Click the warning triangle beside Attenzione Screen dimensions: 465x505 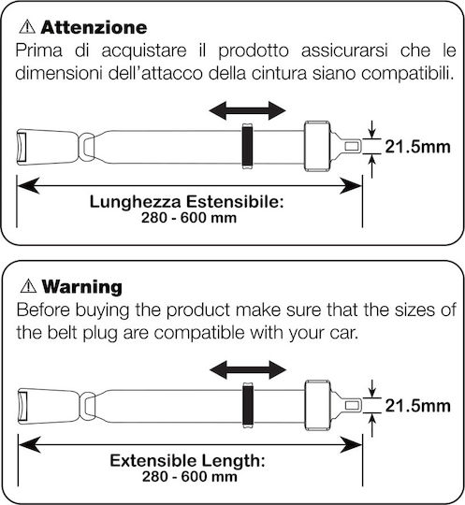27,27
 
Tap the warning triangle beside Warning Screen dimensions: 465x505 28,285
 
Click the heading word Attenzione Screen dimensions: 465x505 94,27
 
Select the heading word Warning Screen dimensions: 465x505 81,286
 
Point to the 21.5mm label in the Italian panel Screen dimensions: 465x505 417,147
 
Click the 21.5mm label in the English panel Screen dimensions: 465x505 418,406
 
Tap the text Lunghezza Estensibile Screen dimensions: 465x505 186,202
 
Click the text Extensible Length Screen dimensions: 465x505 187,461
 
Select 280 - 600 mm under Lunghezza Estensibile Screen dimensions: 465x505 189,218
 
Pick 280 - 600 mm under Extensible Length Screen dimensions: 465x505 190,477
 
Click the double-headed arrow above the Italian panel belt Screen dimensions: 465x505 247,110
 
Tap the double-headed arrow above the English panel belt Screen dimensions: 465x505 248,369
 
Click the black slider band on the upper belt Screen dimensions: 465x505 247,146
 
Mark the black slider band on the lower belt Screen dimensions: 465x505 248,405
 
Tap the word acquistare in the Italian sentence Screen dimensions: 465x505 144,51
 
